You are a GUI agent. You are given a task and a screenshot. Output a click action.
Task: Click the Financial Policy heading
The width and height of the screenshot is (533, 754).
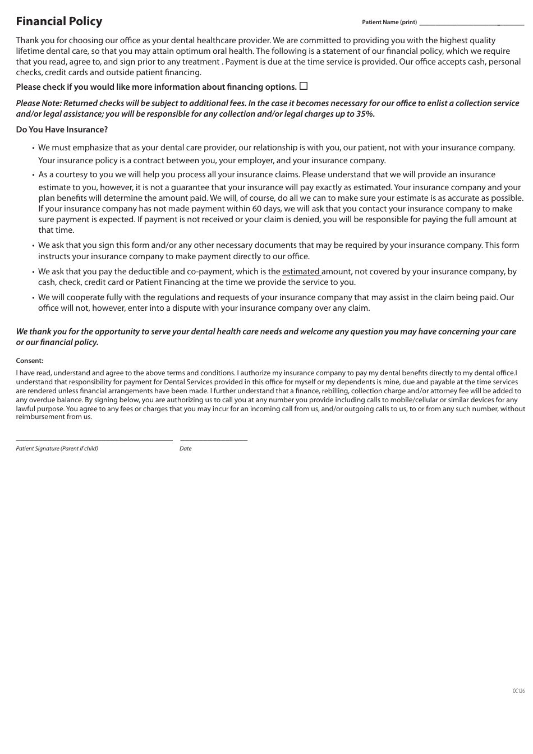(59, 21)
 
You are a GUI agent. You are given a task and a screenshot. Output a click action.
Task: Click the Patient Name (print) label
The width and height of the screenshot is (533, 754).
(389, 22)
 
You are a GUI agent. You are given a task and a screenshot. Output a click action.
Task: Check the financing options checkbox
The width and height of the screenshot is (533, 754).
(304, 86)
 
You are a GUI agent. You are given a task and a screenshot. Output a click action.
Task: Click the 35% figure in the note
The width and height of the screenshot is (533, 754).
(365, 114)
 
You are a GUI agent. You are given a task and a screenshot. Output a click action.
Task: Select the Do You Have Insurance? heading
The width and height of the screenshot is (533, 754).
(62, 130)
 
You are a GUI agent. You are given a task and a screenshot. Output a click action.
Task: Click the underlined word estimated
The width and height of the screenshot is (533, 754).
(301, 272)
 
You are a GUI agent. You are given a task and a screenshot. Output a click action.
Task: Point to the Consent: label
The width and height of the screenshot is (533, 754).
(29, 361)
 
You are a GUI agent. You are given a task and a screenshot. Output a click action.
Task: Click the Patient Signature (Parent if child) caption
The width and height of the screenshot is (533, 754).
(57, 448)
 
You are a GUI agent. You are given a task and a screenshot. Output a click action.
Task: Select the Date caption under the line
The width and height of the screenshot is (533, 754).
(185, 448)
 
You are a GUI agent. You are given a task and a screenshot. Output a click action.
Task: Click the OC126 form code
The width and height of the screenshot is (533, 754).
(518, 691)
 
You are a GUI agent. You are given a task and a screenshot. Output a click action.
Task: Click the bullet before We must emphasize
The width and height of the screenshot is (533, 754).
(33, 148)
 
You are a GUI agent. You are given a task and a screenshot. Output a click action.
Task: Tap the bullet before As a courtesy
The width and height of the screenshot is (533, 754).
(33, 175)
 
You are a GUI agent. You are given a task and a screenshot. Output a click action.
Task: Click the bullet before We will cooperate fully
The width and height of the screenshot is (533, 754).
(33, 298)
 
